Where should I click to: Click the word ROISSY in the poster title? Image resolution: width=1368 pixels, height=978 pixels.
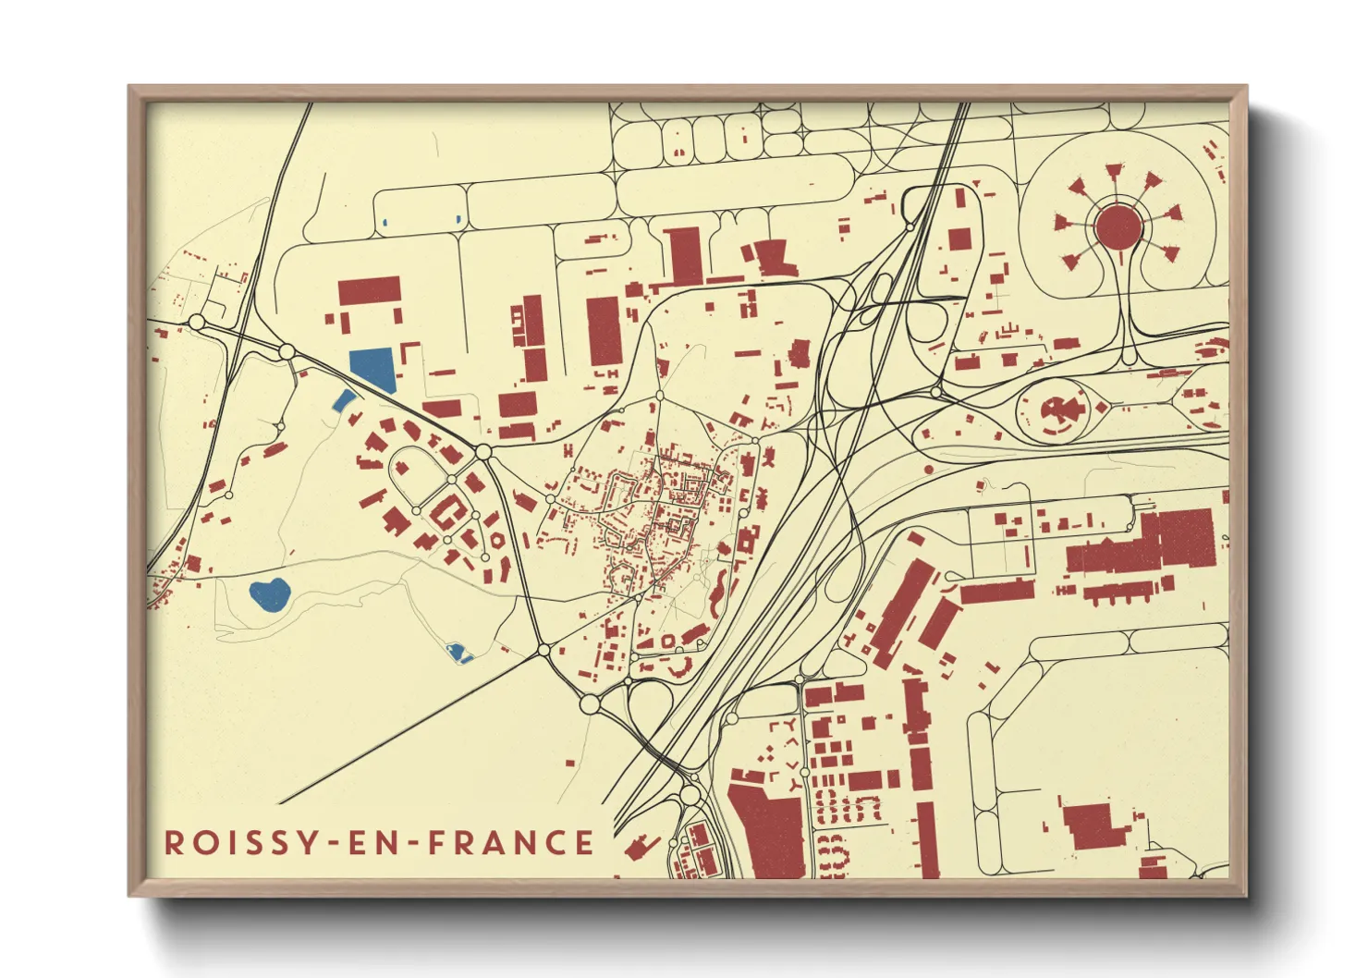point(238,842)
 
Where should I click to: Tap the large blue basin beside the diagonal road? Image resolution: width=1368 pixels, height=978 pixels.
point(373,368)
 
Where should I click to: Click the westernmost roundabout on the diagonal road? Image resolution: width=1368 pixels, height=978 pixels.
point(196,322)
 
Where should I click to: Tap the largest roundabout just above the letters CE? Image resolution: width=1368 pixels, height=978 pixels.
point(591,705)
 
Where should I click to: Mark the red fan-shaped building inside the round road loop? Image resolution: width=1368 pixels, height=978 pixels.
point(1055,411)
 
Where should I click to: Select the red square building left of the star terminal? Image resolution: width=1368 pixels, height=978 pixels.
point(959,239)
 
